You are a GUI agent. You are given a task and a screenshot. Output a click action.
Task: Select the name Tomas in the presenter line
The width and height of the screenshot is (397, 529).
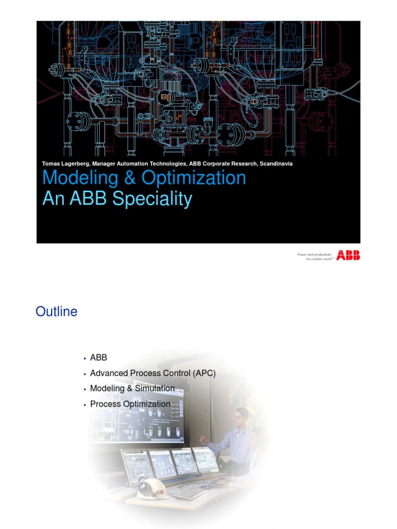point(51,164)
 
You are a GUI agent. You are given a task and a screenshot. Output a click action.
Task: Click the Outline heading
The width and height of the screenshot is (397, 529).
point(56,312)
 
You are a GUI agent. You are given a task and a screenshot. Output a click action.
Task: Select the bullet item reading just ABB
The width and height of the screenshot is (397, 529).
point(98,357)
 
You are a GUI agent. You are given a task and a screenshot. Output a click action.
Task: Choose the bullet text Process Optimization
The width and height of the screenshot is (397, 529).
point(130,404)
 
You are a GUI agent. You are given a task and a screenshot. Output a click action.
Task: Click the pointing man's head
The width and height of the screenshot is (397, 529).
point(241,416)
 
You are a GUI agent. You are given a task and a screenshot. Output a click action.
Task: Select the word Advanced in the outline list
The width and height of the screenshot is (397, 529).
point(107,373)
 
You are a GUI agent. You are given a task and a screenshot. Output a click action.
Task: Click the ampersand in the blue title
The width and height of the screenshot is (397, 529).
point(116,178)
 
